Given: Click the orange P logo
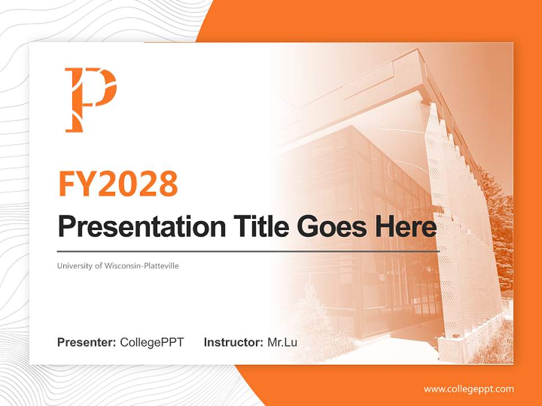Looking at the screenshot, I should [90, 99].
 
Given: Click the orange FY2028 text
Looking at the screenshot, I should [118, 183].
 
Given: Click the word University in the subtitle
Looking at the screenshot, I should [75, 266].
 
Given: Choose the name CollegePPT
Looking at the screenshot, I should [152, 342].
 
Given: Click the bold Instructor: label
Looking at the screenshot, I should [233, 342].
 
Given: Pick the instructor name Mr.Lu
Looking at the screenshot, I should [282, 342].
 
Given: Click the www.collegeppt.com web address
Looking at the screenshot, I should [469, 389].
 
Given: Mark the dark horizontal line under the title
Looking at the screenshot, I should [248, 251].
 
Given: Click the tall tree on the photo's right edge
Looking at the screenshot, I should [500, 226].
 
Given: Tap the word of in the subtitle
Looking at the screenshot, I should [99, 266].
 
